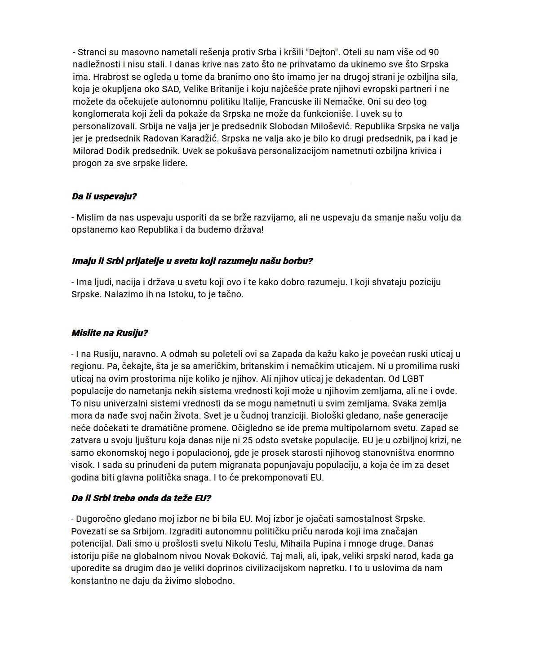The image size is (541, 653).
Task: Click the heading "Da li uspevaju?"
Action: [104, 196]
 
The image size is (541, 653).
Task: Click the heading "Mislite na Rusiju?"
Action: [110, 333]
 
